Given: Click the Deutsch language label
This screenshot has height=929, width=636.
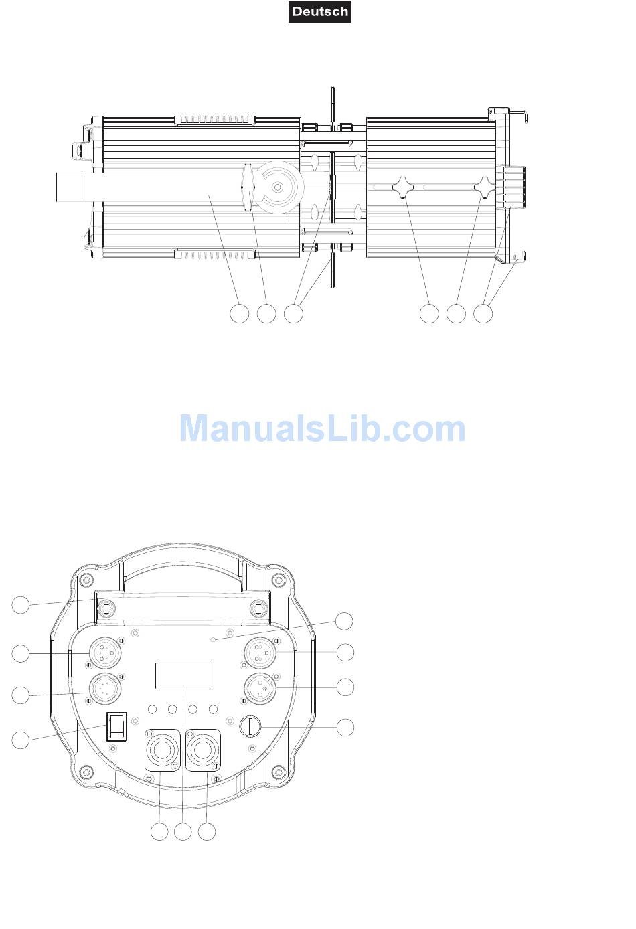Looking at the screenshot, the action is coord(319,11).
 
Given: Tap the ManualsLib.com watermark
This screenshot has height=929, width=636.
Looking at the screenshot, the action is coord(323,428).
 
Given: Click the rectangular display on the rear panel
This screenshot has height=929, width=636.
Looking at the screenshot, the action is coord(183,675).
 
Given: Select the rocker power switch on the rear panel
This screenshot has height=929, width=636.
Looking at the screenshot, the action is coord(116,727).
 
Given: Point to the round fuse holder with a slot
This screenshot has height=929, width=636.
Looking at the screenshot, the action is coord(250,726).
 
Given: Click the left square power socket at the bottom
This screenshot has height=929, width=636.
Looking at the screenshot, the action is coord(162,750).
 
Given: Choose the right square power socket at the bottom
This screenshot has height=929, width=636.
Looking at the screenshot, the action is coord(203,750).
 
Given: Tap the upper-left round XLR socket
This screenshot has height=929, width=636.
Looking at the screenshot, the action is coord(105,653).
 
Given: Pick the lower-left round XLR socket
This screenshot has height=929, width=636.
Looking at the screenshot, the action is coord(105,689).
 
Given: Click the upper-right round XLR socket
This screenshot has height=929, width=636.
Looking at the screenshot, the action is coord(260,653).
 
